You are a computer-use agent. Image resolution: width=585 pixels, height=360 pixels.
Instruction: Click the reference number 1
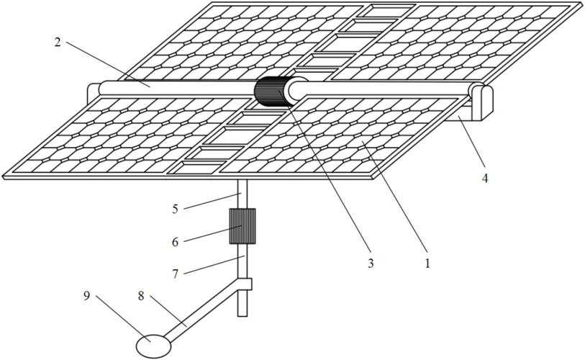(x=427, y=264)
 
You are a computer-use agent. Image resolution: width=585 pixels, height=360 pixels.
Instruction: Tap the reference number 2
(x=57, y=42)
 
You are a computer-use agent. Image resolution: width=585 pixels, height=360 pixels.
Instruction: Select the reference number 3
(x=370, y=264)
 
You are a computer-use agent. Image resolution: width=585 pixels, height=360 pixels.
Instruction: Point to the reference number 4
(x=485, y=179)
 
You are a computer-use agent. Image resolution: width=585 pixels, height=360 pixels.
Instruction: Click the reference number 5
(x=175, y=209)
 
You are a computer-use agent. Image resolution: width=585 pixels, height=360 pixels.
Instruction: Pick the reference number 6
(x=175, y=242)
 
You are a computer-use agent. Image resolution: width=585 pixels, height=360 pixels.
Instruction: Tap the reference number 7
(x=175, y=274)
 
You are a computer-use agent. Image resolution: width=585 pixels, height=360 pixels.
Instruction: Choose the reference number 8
(x=141, y=296)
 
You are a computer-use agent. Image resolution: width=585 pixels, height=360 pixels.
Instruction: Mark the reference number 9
(x=86, y=296)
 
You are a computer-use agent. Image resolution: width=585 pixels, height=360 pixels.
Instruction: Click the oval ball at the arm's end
(x=153, y=346)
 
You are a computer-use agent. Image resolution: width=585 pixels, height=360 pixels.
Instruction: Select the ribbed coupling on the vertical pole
(x=242, y=226)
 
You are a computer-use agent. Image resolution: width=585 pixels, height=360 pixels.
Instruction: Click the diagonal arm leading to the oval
(x=204, y=311)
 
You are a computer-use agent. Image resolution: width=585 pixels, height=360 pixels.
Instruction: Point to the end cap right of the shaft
(x=483, y=102)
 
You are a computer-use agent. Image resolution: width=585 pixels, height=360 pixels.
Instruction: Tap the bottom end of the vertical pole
(x=242, y=316)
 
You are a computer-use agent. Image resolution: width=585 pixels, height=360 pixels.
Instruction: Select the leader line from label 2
(x=108, y=64)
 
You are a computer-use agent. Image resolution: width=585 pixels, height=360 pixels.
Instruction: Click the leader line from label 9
(x=123, y=318)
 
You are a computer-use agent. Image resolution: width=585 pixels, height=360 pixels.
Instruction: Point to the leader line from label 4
(x=471, y=141)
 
